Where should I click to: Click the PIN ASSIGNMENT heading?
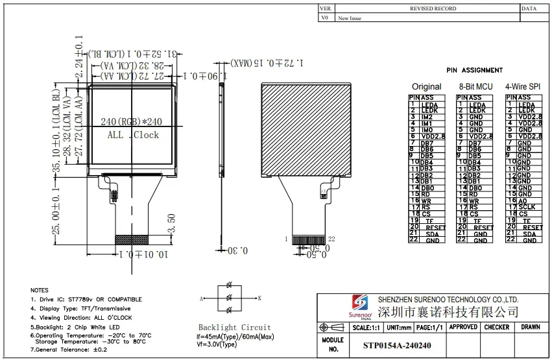474,70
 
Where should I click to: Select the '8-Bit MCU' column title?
475,86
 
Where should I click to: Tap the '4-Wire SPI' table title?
523,86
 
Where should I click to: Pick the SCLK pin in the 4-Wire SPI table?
526,208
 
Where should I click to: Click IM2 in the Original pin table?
427,117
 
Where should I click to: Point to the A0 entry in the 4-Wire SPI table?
523,201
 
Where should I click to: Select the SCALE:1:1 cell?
365,328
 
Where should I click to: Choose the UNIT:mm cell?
398,328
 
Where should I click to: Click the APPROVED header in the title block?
464,328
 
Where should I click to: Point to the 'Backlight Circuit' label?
235,328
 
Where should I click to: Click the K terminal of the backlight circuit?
259,298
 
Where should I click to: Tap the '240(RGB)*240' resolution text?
132,122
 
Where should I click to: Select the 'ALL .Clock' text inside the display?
132,135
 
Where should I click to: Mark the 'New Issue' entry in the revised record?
350,18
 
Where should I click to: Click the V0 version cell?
325,18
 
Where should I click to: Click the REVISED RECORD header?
433,8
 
